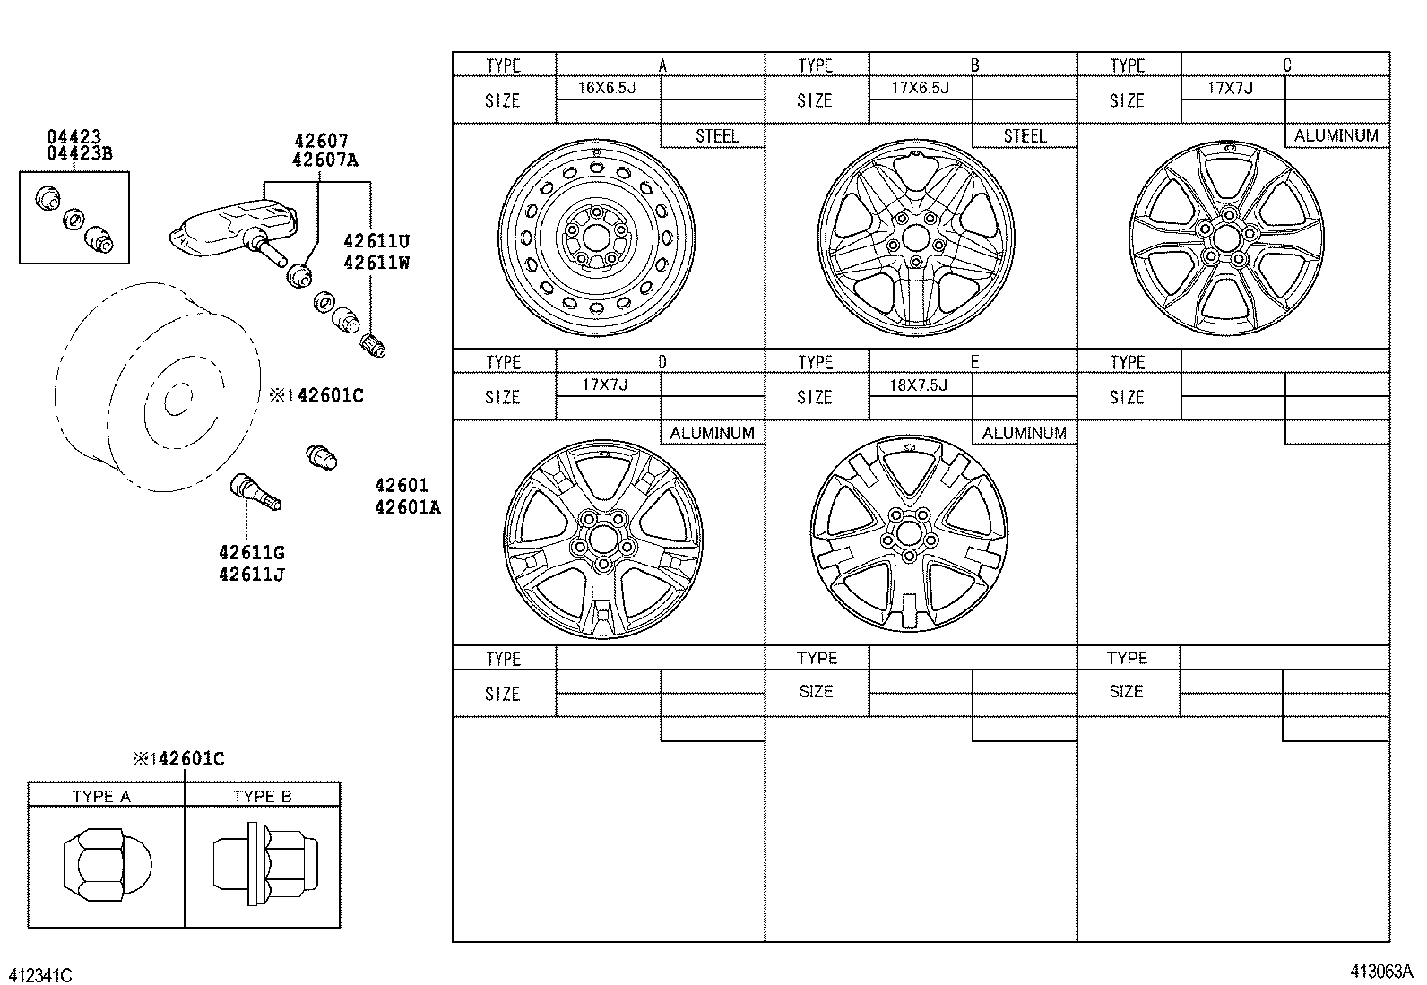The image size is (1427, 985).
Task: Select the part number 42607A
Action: pyautogui.click(x=325, y=160)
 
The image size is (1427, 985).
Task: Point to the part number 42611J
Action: pyautogui.click(x=251, y=575)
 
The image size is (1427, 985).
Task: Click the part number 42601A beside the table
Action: pyautogui.click(x=408, y=506)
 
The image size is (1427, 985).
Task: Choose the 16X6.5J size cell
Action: pyautogui.click(x=608, y=88)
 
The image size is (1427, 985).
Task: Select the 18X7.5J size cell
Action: pyautogui.click(x=920, y=384)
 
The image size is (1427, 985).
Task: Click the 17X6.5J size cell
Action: pyautogui.click(x=920, y=88)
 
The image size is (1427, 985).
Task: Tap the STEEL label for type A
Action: pyautogui.click(x=716, y=135)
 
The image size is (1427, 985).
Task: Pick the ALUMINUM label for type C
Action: pyautogui.click(x=1336, y=135)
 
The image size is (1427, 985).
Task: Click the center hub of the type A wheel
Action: pyautogui.click(x=594, y=238)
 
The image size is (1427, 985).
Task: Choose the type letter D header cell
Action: pyautogui.click(x=662, y=362)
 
